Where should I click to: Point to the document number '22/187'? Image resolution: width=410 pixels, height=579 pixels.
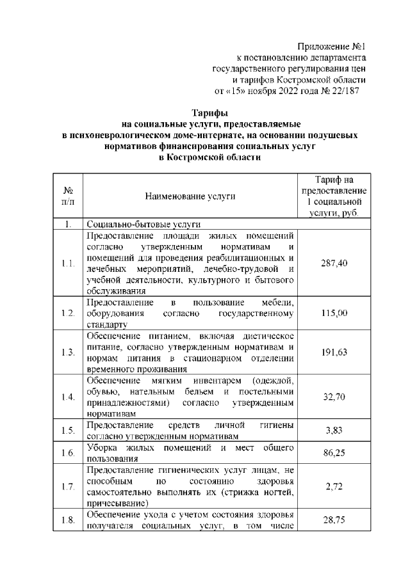pyautogui.click(x=346, y=91)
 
